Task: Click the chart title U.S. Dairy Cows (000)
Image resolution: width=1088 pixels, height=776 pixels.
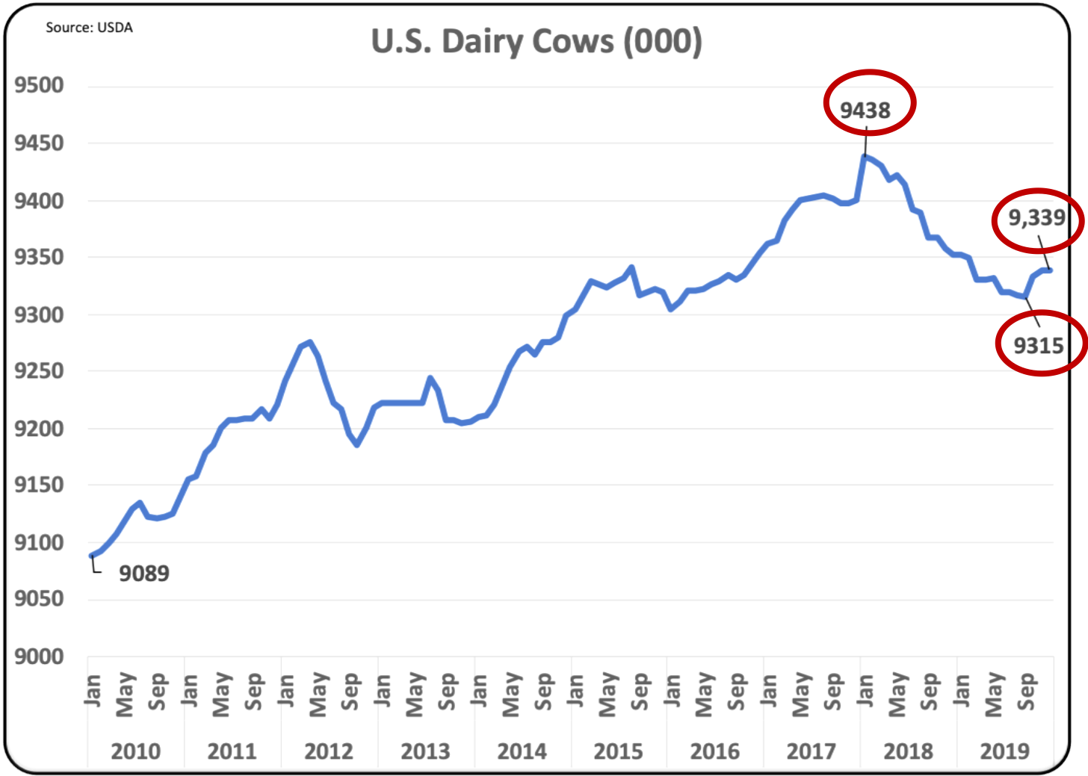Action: pyautogui.click(x=537, y=42)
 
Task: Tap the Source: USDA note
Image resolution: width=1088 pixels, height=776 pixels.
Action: pyautogui.click(x=89, y=28)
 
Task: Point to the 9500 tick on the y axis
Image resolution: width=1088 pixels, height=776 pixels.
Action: pyautogui.click(x=40, y=85)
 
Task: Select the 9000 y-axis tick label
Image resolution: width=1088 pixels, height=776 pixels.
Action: pyautogui.click(x=40, y=657)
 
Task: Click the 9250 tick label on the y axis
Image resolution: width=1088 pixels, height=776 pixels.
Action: pyautogui.click(x=40, y=371)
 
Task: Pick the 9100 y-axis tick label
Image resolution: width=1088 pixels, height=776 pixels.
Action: pyautogui.click(x=40, y=542)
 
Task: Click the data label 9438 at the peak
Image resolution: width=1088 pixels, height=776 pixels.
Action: pyautogui.click(x=865, y=111)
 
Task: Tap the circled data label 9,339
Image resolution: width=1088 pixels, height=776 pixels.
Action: pyautogui.click(x=1036, y=218)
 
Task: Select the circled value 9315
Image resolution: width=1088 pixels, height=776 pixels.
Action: pyautogui.click(x=1039, y=346)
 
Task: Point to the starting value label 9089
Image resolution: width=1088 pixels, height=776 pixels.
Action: pyautogui.click(x=144, y=574)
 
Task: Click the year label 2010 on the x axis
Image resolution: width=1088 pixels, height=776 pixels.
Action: pyautogui.click(x=135, y=751)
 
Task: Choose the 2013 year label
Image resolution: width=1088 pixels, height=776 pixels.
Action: pyautogui.click(x=425, y=751)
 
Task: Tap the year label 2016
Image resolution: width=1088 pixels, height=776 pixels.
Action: pyautogui.click(x=714, y=751)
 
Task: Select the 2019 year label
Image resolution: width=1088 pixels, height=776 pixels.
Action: pyautogui.click(x=1004, y=751)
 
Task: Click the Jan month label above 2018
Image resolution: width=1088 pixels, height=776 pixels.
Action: pyautogui.click(x=865, y=690)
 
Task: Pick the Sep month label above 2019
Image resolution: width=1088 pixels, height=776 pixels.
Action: pyautogui.click(x=1027, y=692)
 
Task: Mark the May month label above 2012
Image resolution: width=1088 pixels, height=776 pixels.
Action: pyautogui.click(x=318, y=694)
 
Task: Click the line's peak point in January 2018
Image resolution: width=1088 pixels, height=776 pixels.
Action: pyautogui.click(x=865, y=156)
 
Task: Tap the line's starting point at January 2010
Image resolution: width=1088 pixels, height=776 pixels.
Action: pyautogui.click(x=91, y=556)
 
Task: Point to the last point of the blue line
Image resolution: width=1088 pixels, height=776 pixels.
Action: pyautogui.click(x=1050, y=270)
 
